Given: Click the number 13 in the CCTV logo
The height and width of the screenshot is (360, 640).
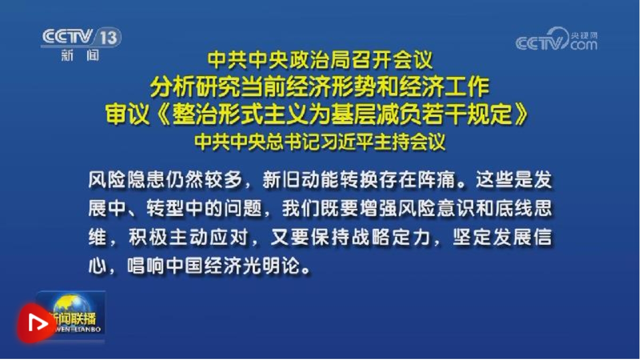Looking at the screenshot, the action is pos(108,37).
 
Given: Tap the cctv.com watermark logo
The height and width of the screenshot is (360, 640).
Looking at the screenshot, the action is pos(556,39).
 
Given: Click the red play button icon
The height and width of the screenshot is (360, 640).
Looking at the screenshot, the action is pos(36,323).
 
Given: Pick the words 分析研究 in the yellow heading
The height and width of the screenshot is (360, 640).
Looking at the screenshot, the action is pos(195,87).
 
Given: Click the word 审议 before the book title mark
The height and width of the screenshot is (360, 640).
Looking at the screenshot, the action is pos(127,114).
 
